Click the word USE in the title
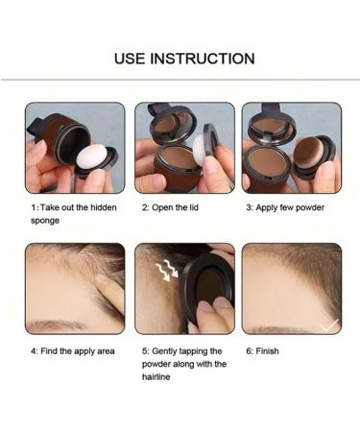pyautogui.click(x=132, y=59)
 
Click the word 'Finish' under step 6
pyautogui.click(x=268, y=351)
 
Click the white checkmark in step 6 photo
pyautogui.click(x=329, y=325)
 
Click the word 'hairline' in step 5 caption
pyautogui.click(x=159, y=377)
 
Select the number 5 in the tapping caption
pyautogui.click(x=144, y=351)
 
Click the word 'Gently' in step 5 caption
pyautogui.click(x=166, y=351)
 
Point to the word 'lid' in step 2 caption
pyautogui.click(x=196, y=207)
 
